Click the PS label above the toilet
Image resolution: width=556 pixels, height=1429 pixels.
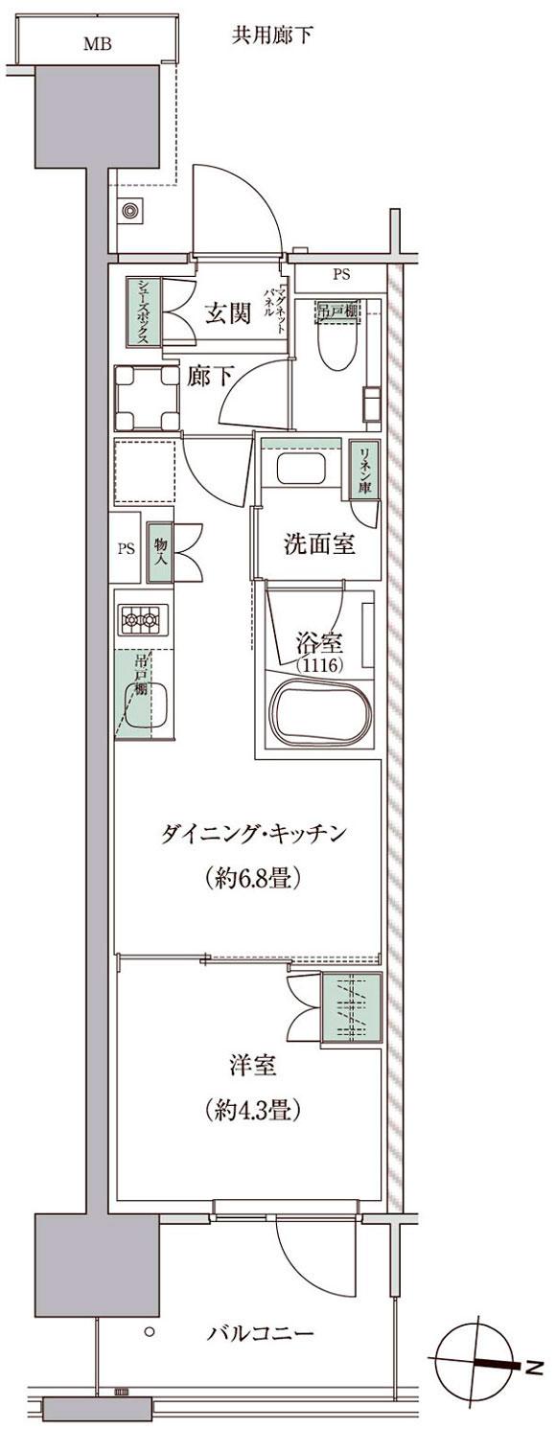(341, 275)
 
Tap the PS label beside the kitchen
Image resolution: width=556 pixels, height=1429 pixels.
(126, 550)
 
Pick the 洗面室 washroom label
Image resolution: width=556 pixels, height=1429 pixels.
(319, 544)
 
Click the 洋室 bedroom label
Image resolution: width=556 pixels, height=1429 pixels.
(253, 1066)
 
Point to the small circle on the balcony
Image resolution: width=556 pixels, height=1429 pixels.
(150, 1332)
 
